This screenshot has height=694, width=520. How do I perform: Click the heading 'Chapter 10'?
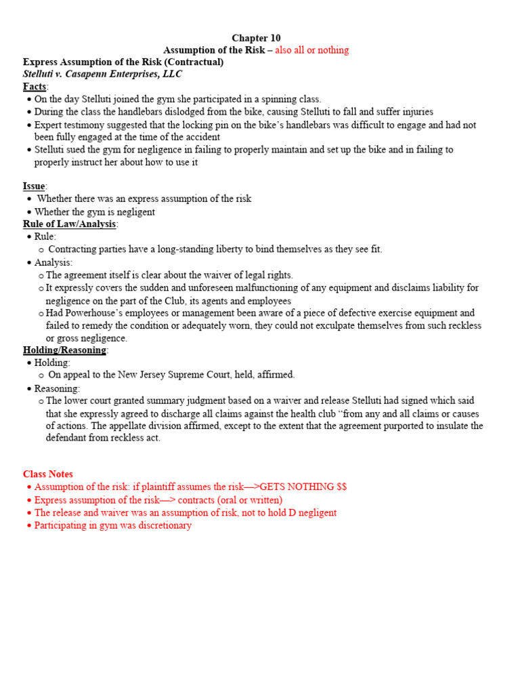(x=256, y=38)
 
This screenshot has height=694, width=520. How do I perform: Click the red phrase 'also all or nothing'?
(x=311, y=50)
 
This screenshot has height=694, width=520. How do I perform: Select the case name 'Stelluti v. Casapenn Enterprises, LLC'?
(x=102, y=75)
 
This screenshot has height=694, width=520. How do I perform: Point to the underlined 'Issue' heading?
(x=35, y=186)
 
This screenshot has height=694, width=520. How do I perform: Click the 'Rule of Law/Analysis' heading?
(x=70, y=224)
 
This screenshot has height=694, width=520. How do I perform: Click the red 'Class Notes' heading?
(x=48, y=474)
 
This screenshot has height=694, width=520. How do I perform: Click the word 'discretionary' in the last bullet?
(x=162, y=525)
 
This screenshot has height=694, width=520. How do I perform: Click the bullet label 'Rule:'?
(x=45, y=237)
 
